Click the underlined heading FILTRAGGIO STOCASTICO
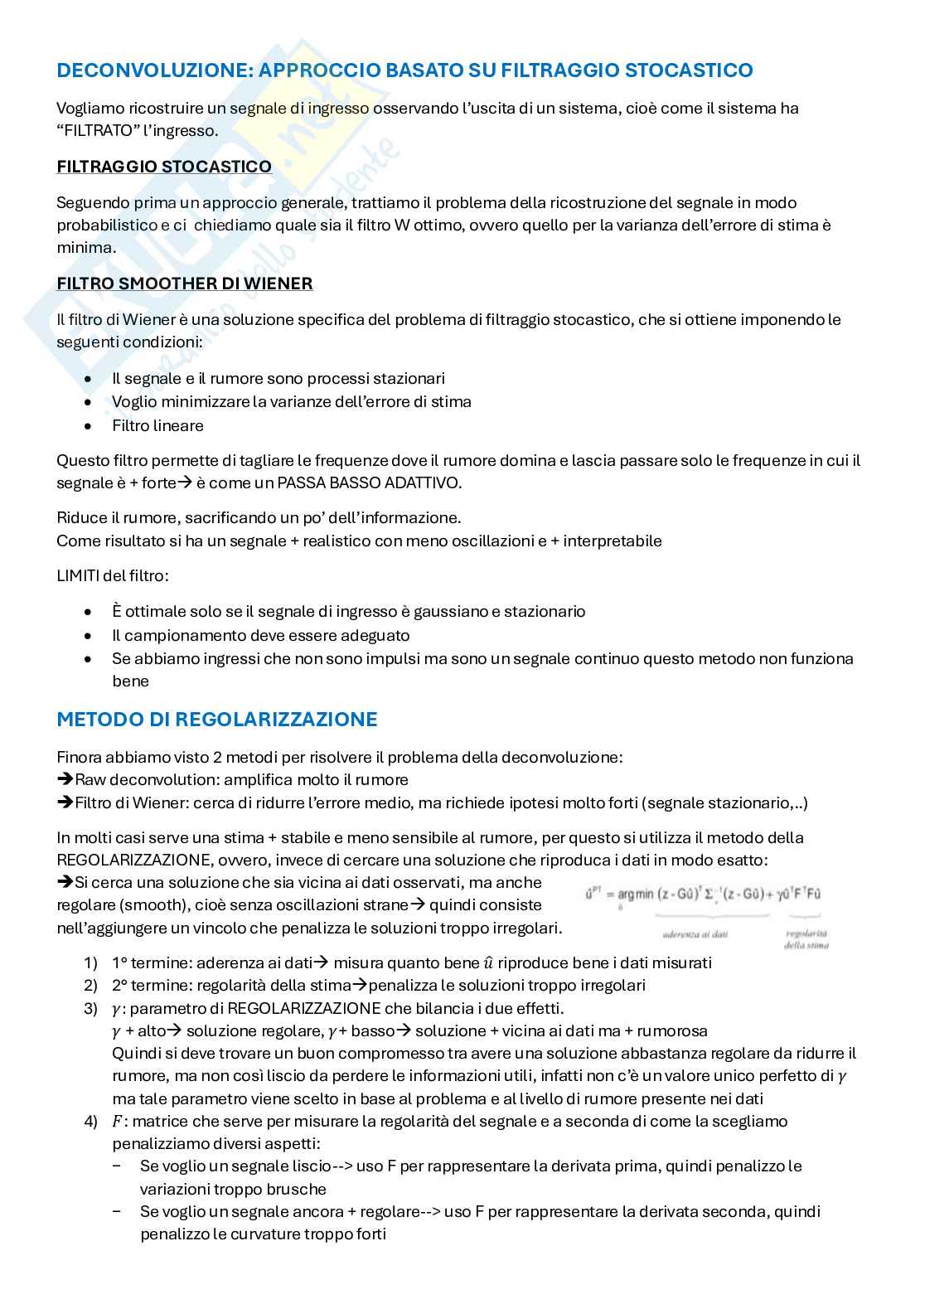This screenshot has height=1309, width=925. click(x=164, y=167)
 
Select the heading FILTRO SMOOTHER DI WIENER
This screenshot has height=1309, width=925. click(x=185, y=284)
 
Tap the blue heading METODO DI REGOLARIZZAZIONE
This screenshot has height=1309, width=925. click(x=217, y=719)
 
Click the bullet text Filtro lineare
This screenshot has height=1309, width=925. click(x=157, y=425)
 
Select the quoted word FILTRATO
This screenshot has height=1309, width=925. click(x=99, y=131)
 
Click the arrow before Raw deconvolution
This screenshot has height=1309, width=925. click(x=65, y=780)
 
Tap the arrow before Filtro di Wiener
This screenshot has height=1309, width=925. click(x=65, y=803)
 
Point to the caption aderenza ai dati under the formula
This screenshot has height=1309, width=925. click(x=695, y=934)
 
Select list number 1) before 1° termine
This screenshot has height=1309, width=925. click(x=90, y=963)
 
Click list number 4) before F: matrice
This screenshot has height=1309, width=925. click(x=90, y=1122)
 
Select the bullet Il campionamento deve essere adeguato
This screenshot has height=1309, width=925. click(x=261, y=635)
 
